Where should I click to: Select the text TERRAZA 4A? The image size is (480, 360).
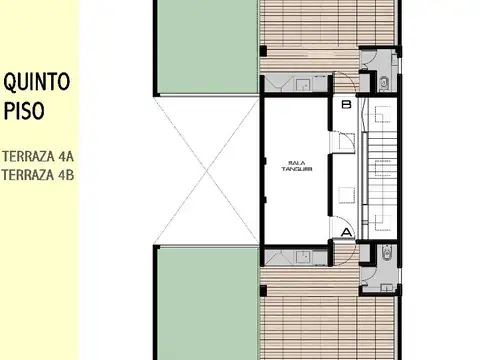coord(37,157)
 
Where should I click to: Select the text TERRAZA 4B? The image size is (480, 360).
coord(37,176)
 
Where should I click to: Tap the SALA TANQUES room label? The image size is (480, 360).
coord(297,166)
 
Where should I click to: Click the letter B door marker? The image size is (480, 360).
coord(345,103)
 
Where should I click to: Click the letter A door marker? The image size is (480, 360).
coord(346,233)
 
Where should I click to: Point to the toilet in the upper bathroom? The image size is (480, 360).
coord(386,83)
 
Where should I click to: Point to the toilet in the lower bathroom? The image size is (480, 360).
coord(386,254)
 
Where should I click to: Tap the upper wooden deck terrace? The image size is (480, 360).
coord(310,35)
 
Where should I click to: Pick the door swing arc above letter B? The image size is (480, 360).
coord(345,87)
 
